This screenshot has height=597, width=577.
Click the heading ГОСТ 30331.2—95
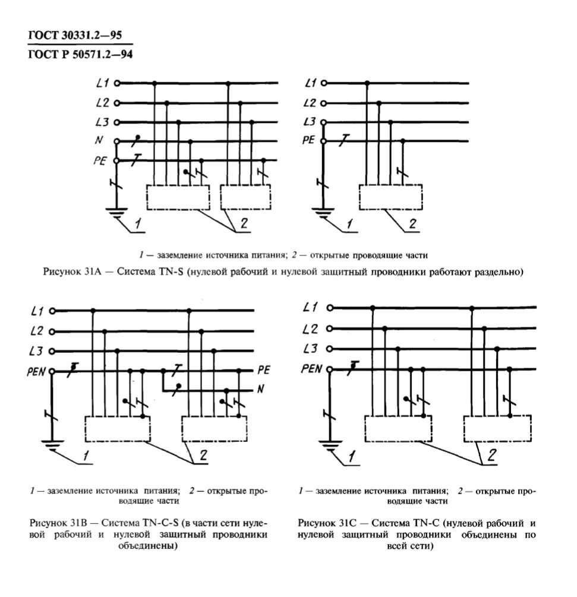[x=75, y=35]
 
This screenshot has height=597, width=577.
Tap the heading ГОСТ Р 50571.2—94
[x=80, y=54]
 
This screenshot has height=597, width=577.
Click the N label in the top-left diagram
[x=99, y=140]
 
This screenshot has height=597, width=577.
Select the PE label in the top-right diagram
[x=308, y=140]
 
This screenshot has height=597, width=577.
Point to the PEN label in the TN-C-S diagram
[x=36, y=371]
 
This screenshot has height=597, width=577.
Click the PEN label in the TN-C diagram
[x=311, y=368]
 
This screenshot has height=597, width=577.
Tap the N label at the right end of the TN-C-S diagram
[x=260, y=388]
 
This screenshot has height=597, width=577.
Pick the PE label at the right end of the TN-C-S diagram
[x=264, y=369]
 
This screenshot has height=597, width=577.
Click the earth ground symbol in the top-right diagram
[x=323, y=213]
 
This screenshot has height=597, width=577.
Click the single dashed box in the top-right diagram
[x=390, y=197]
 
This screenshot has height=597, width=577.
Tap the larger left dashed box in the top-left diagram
[x=178, y=197]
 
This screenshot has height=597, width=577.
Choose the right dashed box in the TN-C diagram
[x=497, y=429]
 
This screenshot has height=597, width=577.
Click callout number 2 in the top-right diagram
[x=413, y=223]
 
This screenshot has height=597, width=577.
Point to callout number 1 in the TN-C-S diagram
[x=86, y=456]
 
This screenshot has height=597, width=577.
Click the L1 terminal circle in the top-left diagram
[x=117, y=83]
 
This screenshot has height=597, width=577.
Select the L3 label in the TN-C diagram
[x=310, y=348]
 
